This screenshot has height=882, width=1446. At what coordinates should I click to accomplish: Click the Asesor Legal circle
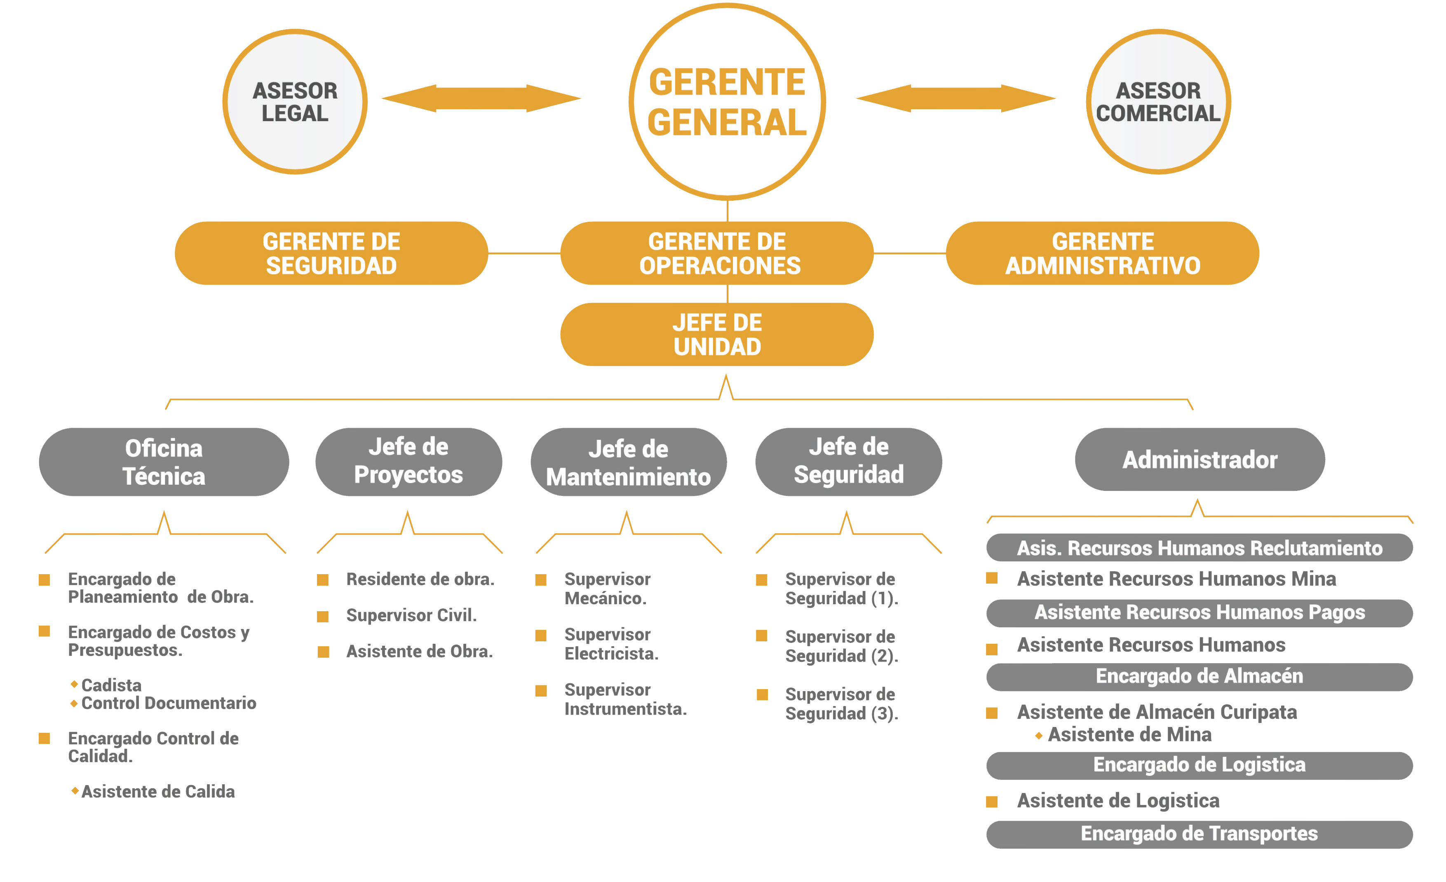click(x=295, y=101)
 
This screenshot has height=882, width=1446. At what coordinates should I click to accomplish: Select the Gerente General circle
click(x=727, y=101)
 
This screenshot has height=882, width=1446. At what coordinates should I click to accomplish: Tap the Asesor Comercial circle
click(x=1158, y=101)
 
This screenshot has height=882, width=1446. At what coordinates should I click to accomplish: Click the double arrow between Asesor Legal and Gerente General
click(x=481, y=98)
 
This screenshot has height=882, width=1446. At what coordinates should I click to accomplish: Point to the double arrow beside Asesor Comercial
click(x=955, y=98)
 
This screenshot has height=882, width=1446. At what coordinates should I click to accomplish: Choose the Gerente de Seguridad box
click(x=331, y=253)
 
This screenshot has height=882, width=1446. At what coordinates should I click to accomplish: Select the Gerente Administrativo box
click(x=1102, y=253)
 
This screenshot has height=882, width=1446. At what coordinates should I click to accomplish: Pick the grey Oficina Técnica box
click(x=164, y=462)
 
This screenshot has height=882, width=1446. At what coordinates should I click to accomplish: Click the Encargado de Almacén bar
click(x=1199, y=677)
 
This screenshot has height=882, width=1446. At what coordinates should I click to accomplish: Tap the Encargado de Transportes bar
click(x=1199, y=834)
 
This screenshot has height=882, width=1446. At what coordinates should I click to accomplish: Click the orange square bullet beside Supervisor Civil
click(x=323, y=616)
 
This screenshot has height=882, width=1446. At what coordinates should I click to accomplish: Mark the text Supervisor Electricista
click(x=611, y=644)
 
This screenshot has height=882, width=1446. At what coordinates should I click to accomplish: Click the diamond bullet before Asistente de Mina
click(x=1039, y=735)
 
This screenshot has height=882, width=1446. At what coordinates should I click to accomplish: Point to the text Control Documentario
click(x=169, y=703)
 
